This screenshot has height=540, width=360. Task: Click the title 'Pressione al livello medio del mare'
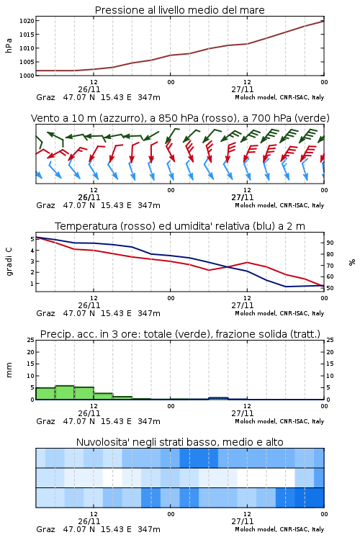(179, 10)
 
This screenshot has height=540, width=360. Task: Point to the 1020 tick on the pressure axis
(27, 21)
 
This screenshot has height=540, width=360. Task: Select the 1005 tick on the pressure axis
(27, 62)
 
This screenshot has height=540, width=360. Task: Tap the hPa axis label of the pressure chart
(9, 45)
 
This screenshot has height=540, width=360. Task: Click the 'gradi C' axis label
(9, 261)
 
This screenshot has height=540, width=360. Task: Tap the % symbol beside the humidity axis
(352, 262)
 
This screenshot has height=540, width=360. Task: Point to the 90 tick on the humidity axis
(330, 243)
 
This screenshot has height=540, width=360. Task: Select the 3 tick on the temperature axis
(32, 261)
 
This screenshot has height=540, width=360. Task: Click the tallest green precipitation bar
(65, 392)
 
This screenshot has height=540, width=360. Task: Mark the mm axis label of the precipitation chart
(9, 369)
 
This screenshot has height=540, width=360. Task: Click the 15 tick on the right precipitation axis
(330, 364)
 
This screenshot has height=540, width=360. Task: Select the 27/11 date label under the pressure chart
(243, 89)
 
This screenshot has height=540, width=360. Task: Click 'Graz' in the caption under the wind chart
(45, 205)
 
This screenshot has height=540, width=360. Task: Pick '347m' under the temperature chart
(149, 313)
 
